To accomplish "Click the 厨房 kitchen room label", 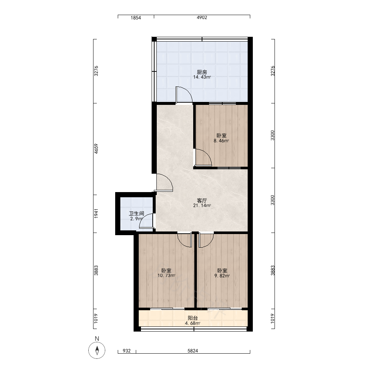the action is [202, 72].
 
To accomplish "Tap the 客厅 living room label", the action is [202, 201].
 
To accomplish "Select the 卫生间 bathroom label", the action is [137, 214].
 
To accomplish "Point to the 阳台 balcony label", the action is [193, 318].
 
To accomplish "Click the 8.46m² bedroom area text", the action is [221, 141].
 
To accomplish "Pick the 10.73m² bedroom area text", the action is [166, 276].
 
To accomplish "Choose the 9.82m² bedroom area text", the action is [222, 276].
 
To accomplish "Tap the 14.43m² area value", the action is [202, 77].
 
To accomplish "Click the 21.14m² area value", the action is [202, 206].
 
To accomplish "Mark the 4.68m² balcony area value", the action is [193, 323].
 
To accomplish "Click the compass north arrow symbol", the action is [97, 350].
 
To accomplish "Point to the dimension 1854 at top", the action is [136, 18].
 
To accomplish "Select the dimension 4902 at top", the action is [202, 18].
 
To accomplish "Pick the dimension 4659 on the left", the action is [96, 149].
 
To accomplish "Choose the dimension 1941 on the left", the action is [96, 214].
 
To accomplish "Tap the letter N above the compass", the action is [97, 339].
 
